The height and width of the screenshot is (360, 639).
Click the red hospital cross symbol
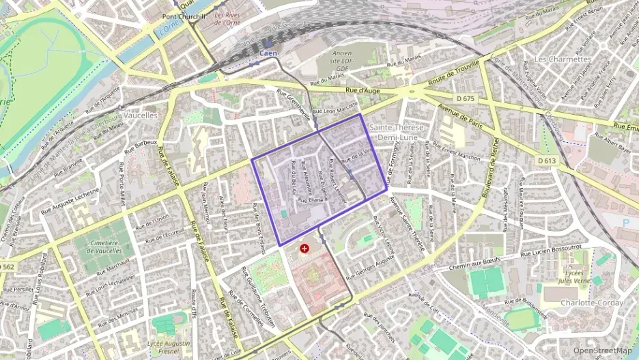pyautogui.click(x=304, y=249)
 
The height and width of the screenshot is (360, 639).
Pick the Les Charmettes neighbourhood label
pyautogui.click(x=562, y=59)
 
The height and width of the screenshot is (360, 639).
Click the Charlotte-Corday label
pyautogui.click(x=588, y=303)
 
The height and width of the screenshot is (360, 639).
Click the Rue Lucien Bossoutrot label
pyautogui.click(x=550, y=251)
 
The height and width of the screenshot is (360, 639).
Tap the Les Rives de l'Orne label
pyautogui.click(x=227, y=18)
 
